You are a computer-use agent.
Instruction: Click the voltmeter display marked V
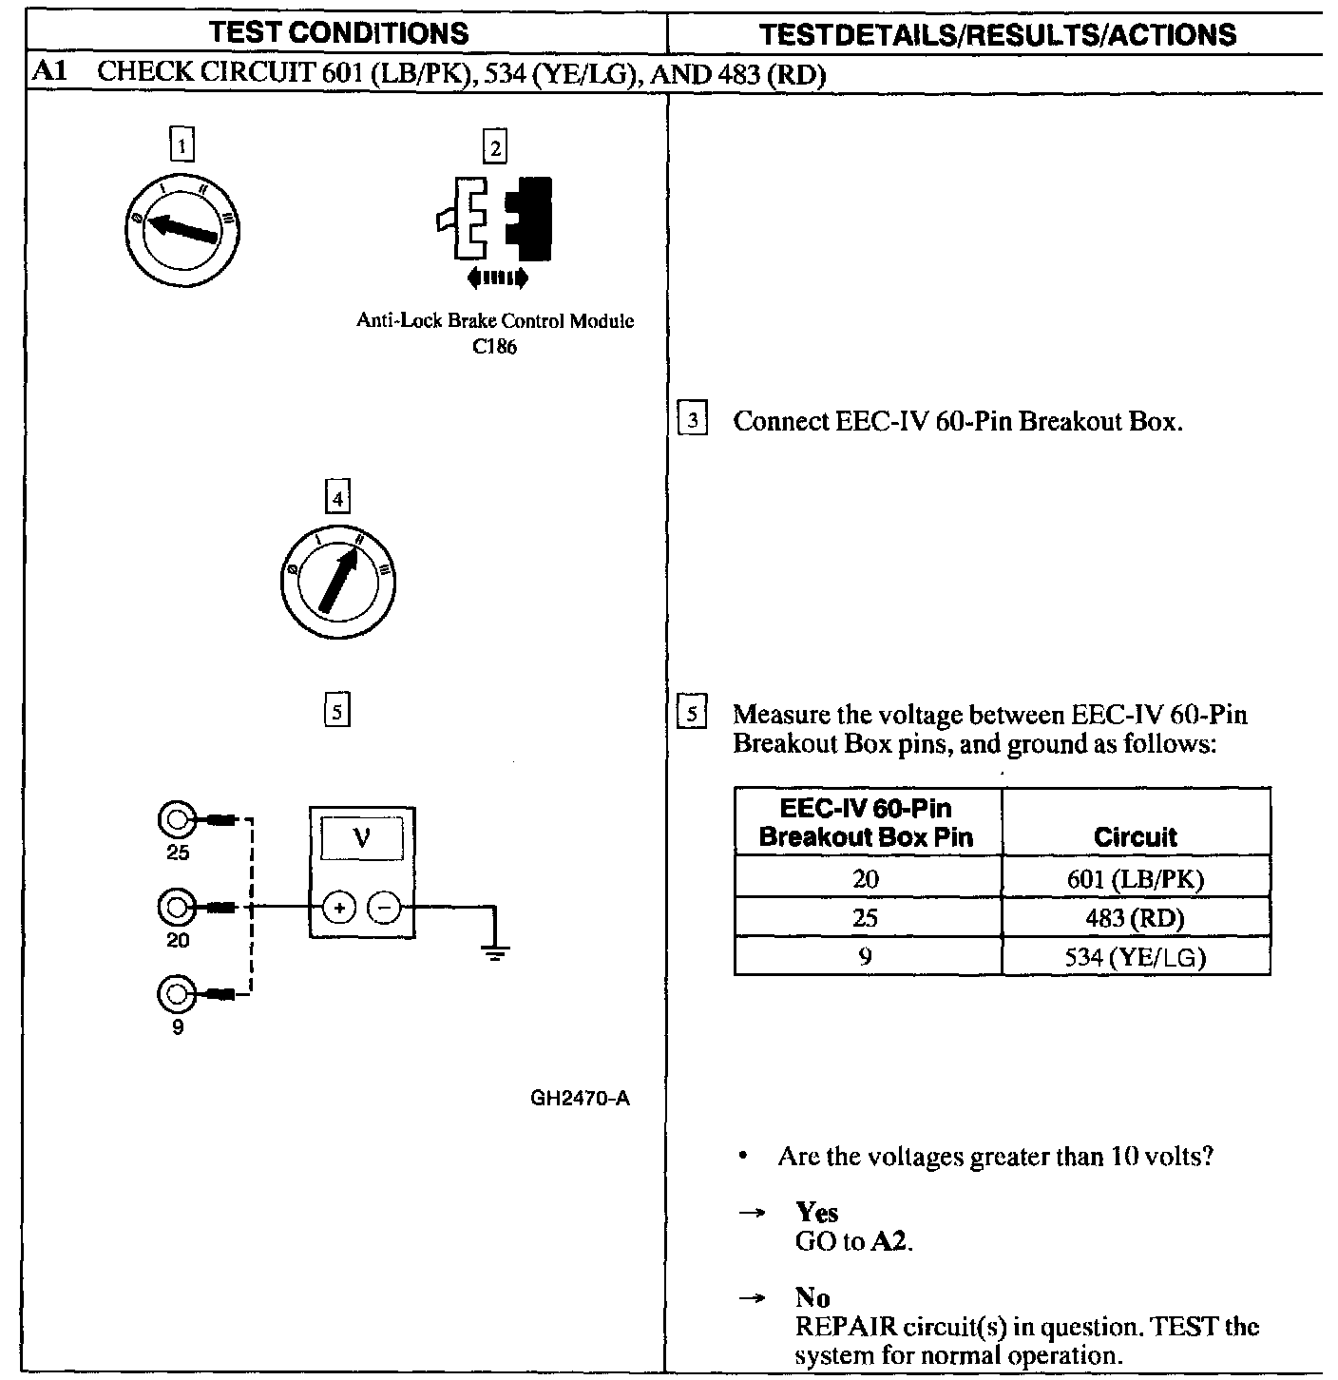click(362, 837)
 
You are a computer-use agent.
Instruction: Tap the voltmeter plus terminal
click(338, 908)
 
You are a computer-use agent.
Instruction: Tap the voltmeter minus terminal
click(384, 908)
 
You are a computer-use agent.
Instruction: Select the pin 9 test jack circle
click(176, 994)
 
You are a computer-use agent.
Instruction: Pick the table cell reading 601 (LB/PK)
click(1135, 878)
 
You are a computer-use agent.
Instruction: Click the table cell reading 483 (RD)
click(1135, 917)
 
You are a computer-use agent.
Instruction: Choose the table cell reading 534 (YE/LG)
click(1135, 956)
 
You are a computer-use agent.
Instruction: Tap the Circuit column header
click(1135, 836)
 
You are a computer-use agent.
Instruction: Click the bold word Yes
click(817, 1212)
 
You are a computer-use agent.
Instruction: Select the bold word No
click(812, 1297)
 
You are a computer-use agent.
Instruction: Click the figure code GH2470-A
click(580, 1099)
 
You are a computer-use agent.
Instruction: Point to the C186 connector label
click(495, 347)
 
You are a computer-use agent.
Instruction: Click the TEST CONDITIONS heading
click(339, 33)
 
